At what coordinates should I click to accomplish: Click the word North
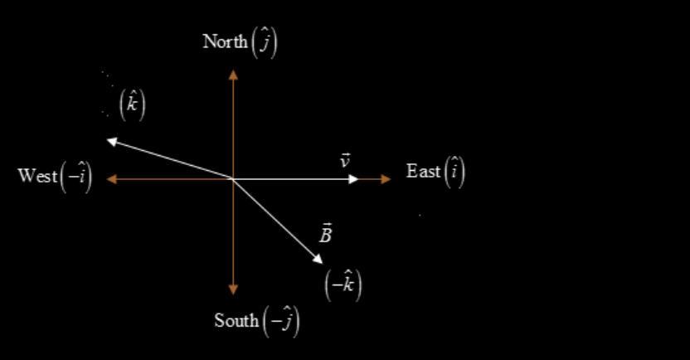(x=225, y=41)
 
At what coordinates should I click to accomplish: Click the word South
(x=236, y=320)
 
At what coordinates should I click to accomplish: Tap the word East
(x=423, y=172)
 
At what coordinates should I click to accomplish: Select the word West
(x=37, y=176)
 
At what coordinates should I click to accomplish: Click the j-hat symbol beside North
(x=265, y=42)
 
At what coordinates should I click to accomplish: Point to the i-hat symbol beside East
(x=455, y=172)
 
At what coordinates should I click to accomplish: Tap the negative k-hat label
(x=343, y=285)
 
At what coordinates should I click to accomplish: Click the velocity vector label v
(x=345, y=160)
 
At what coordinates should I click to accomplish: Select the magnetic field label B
(x=326, y=234)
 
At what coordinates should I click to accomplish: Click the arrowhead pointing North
(x=233, y=74)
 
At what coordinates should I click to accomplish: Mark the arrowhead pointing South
(x=233, y=289)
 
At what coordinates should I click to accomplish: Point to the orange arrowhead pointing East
(x=386, y=178)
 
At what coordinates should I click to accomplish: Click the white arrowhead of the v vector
(x=353, y=178)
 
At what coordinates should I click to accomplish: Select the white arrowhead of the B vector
(x=318, y=260)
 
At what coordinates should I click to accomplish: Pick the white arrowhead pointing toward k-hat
(x=111, y=140)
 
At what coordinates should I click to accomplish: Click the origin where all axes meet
(x=233, y=178)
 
